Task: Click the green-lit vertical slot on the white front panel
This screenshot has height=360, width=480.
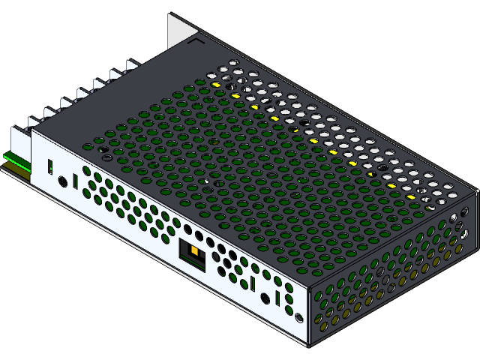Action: (50, 166)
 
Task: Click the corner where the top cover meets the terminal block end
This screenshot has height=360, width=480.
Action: (31, 129)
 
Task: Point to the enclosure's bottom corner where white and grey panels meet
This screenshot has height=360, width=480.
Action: (308, 345)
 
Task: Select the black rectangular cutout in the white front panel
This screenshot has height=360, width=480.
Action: (192, 255)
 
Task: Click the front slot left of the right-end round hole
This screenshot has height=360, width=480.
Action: (253, 283)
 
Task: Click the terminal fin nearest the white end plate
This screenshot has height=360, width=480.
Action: (34, 120)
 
